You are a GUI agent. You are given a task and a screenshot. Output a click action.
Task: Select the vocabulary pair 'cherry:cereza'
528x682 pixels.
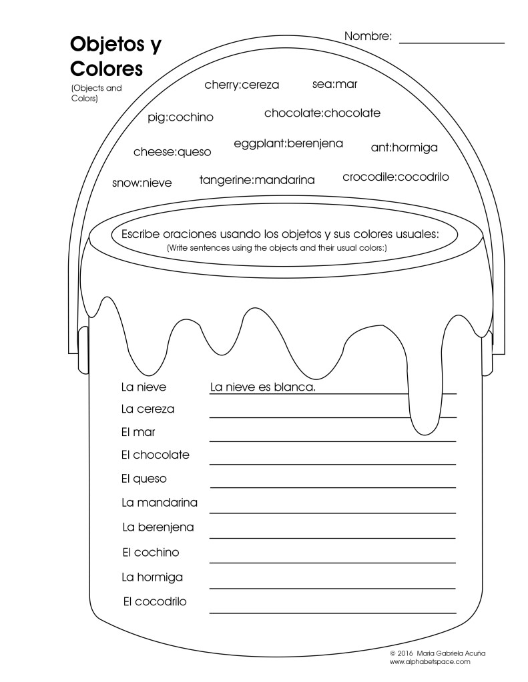coord(242,85)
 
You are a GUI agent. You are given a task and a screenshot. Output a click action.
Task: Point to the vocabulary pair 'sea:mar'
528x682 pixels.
coord(334,84)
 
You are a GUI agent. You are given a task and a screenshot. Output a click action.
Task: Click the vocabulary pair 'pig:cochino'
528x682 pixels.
coord(180,117)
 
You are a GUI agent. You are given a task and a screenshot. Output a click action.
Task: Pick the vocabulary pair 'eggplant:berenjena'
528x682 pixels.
coord(288,143)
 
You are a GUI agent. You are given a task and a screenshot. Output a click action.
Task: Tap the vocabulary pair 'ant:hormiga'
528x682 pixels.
coord(404,147)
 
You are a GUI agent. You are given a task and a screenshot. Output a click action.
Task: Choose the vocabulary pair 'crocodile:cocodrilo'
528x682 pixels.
coord(396,177)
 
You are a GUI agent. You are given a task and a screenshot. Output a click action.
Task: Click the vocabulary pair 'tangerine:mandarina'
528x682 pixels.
coord(257,179)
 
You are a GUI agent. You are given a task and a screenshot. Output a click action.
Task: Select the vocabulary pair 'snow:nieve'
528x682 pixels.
coord(142,183)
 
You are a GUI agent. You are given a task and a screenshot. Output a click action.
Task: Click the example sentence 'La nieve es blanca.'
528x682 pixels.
coord(262,387)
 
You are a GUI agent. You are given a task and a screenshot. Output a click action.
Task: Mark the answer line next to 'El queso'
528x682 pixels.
coord(332,486)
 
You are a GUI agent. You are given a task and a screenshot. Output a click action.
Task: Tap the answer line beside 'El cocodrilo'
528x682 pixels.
coord(332,611)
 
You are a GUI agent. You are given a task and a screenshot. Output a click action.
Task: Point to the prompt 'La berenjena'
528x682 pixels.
coord(158,527)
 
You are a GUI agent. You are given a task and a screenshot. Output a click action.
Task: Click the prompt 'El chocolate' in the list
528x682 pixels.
coord(155,455)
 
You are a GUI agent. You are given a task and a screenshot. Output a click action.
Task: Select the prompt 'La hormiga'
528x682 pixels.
coord(152,577)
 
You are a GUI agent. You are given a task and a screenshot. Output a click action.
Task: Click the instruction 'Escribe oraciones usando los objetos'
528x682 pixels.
coord(280,234)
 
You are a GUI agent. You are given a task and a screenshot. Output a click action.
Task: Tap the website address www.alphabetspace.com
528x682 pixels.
coord(430,661)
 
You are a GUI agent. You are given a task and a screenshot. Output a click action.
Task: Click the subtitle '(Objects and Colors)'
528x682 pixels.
coord(96,93)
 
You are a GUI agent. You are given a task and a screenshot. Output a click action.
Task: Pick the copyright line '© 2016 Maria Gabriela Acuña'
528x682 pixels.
coord(437,653)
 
